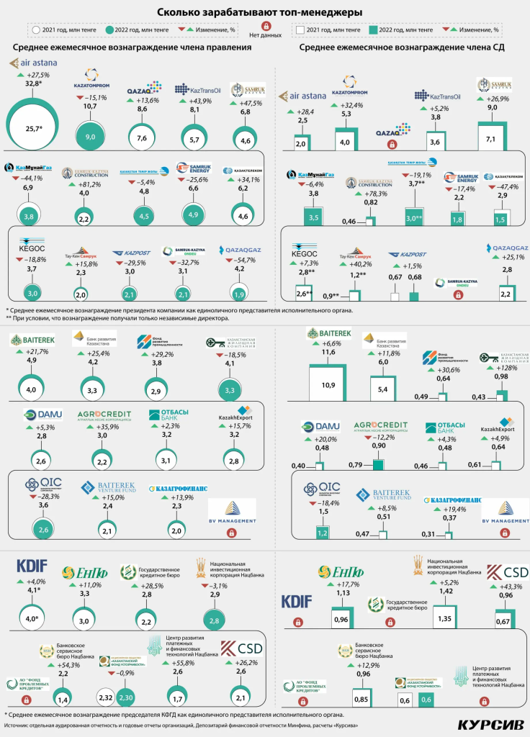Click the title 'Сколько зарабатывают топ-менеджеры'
coord(264,12)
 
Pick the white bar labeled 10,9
coord(328,385)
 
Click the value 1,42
coord(445,591)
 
